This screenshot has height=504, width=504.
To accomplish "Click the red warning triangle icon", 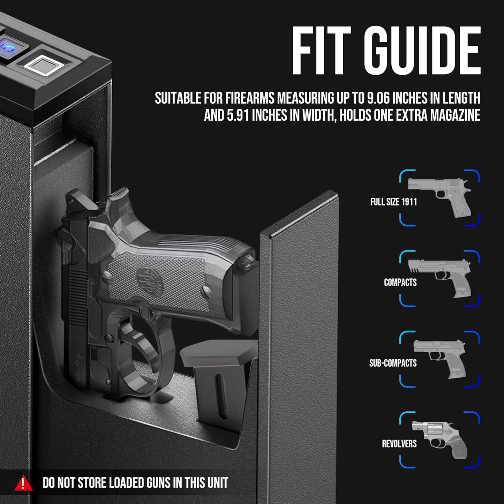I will point(23,483).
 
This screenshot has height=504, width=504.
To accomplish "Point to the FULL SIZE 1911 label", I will point(393,202).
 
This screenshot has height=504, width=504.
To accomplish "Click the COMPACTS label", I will point(400,282).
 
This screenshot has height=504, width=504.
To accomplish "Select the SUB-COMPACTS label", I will point(393,363).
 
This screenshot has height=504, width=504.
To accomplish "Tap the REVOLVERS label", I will point(399,444).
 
